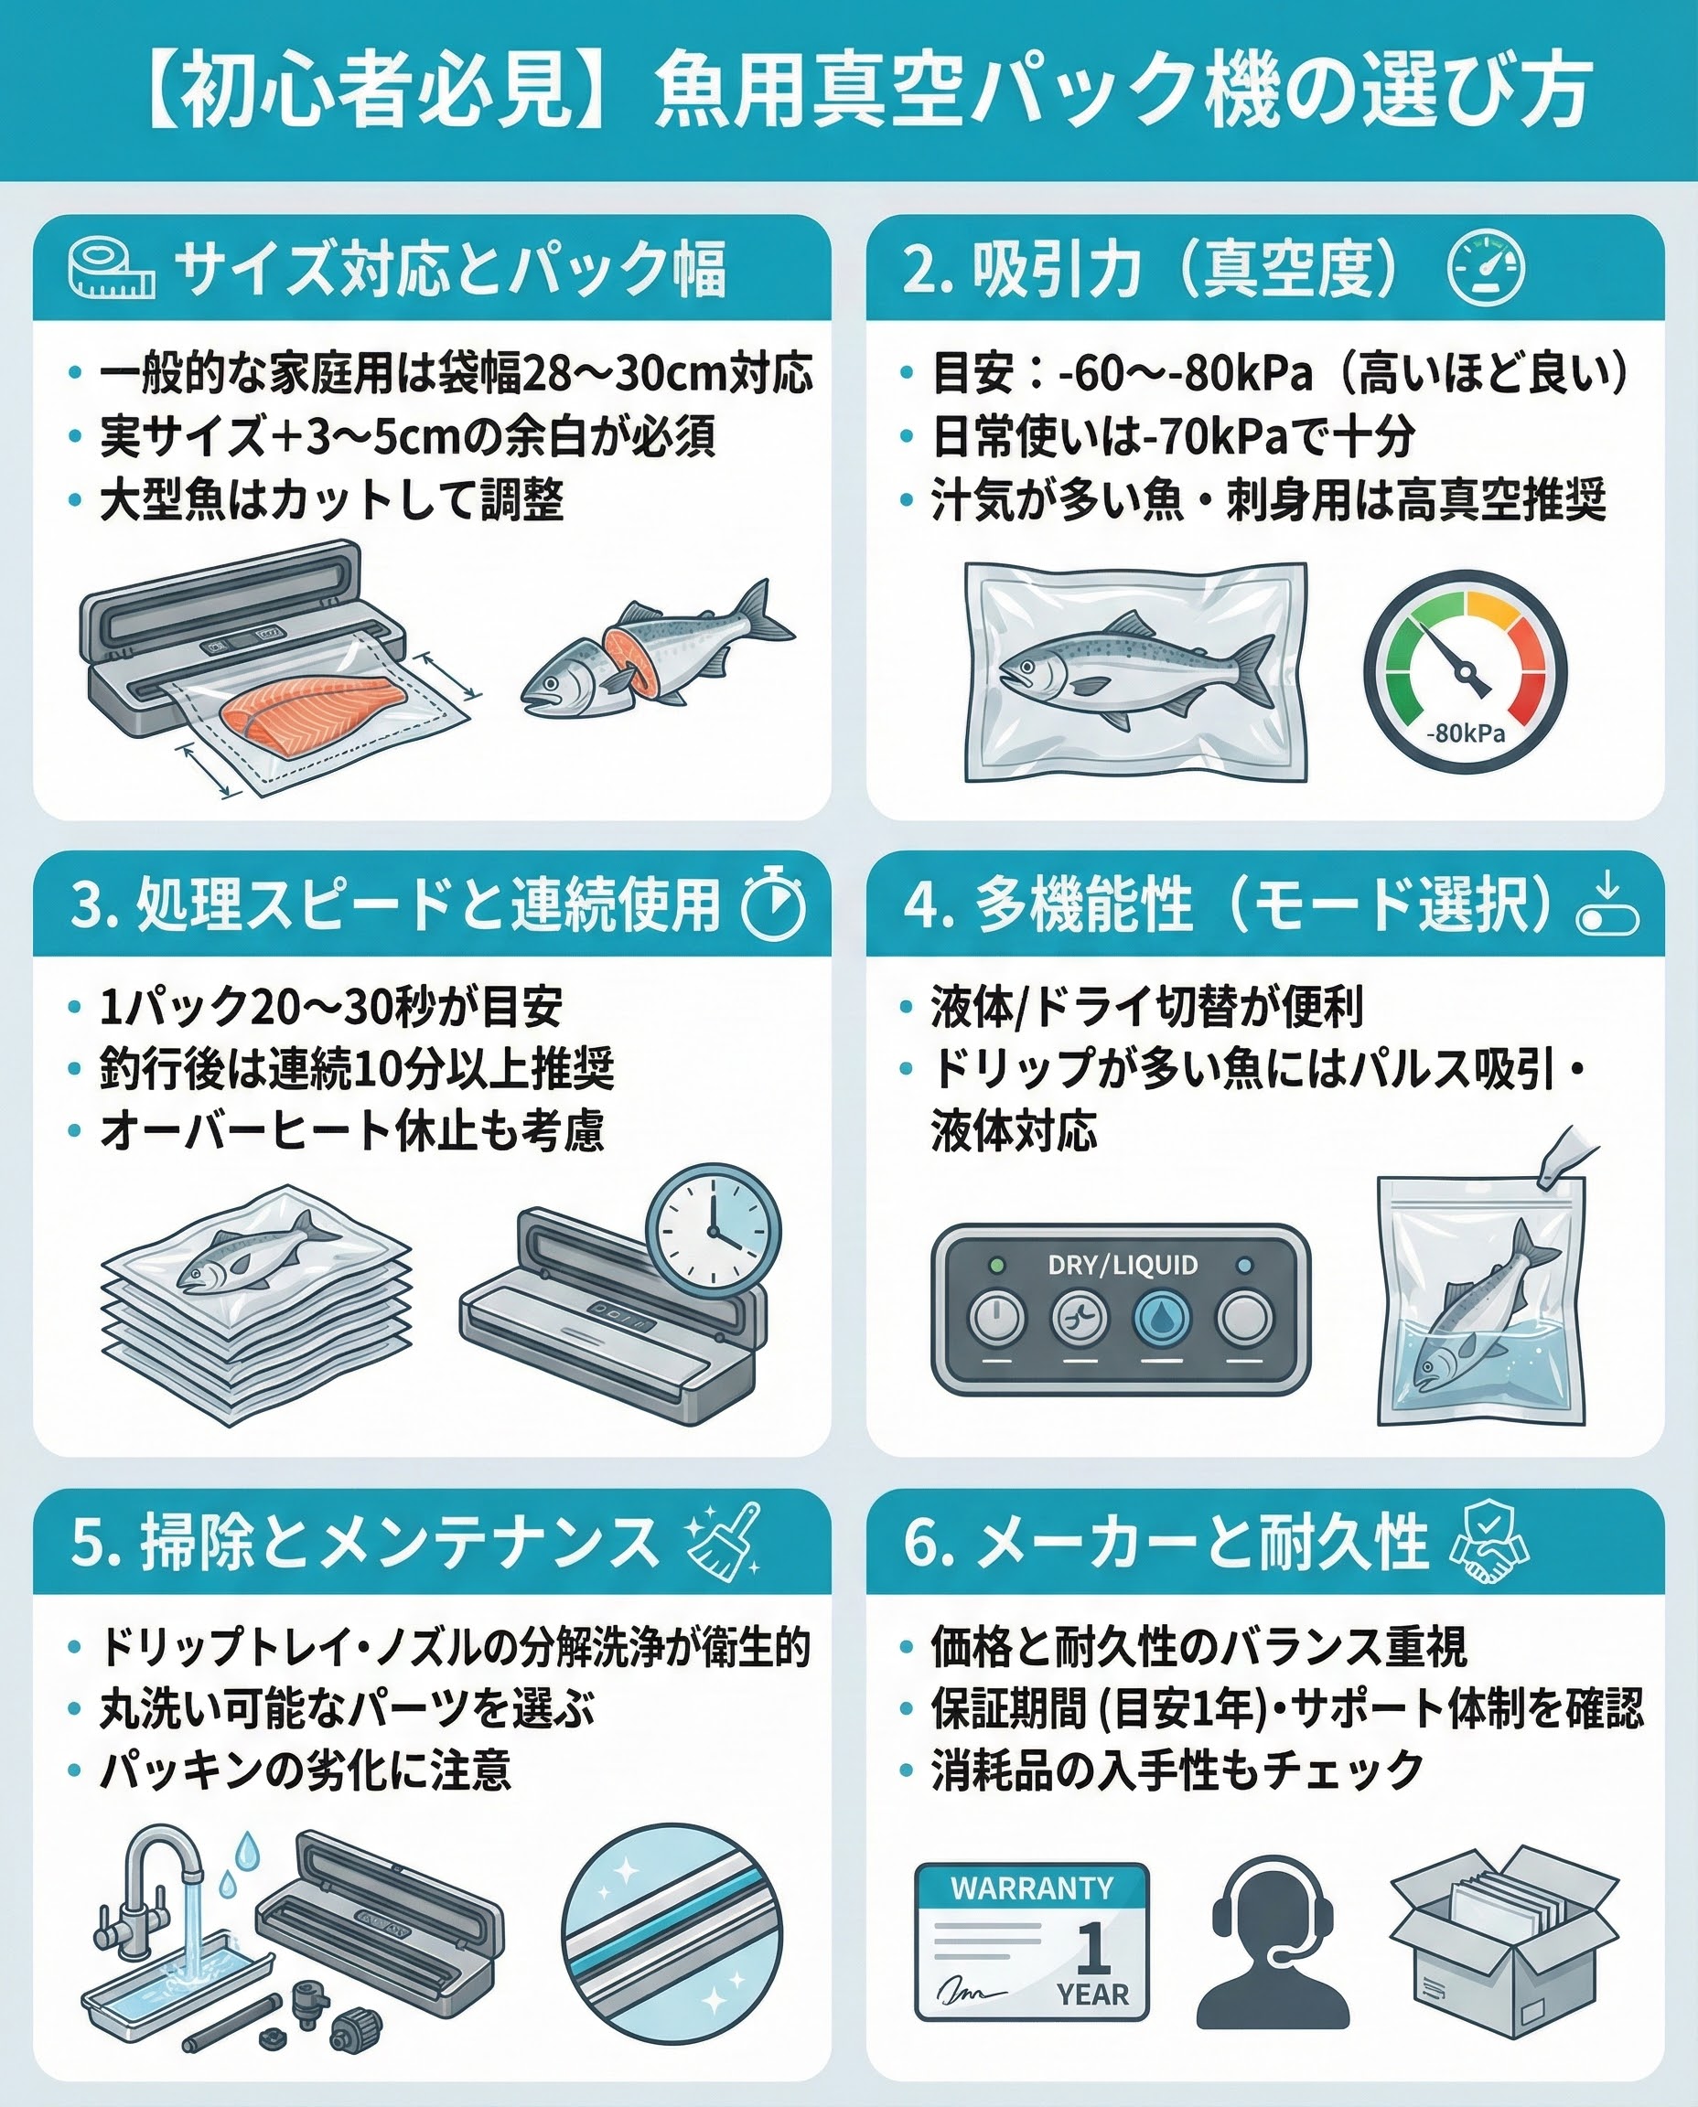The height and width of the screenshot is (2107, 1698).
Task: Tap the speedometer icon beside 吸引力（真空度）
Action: pos(1486,267)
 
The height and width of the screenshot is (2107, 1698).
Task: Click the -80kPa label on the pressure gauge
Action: pos(1466,733)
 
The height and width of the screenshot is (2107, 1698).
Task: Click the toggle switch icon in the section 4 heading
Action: pos(1607,905)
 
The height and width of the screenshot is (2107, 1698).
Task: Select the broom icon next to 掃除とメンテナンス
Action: pos(724,1540)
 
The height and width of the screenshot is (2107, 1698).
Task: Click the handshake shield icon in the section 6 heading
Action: pos(1488,1540)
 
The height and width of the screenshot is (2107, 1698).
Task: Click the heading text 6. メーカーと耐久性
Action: pos(1165,1542)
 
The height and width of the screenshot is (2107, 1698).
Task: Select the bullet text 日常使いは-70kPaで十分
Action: pos(1173,436)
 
